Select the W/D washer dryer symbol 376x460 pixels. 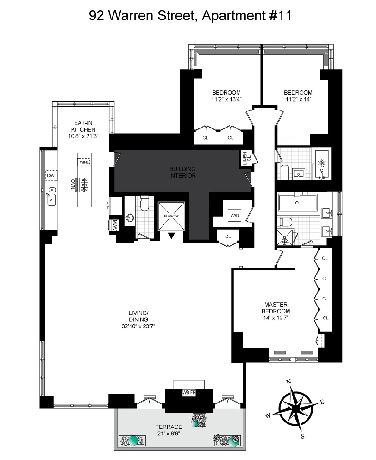(234, 215)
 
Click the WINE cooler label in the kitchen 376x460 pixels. (84, 162)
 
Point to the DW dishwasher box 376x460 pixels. (50, 176)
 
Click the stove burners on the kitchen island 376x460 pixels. (85, 185)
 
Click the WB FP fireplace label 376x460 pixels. (188, 393)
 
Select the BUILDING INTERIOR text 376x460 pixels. (182, 172)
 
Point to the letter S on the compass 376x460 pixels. (303, 436)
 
